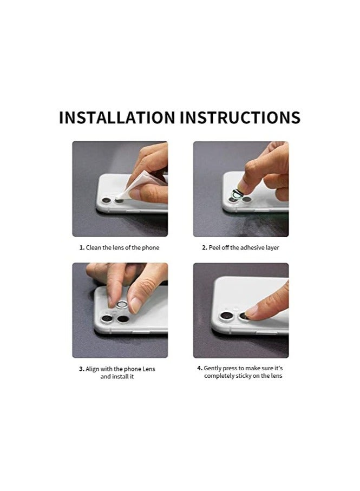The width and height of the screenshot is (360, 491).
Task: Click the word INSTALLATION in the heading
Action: [x=116, y=117]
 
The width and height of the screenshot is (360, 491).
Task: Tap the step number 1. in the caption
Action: [x=82, y=247]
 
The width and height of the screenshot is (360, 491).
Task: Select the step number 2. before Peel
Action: [x=205, y=247]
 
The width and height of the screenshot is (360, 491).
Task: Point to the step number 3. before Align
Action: [x=81, y=369]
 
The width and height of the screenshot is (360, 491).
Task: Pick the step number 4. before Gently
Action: [x=199, y=368]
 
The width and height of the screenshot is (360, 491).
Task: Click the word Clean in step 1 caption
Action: [x=94, y=247]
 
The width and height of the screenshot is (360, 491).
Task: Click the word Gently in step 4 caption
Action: [x=213, y=368]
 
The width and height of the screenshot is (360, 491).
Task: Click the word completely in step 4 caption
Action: [x=220, y=376]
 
